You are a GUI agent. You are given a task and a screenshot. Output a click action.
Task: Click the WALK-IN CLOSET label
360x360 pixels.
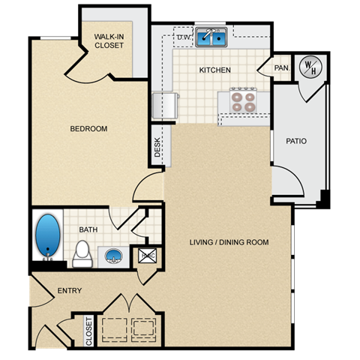(109, 40)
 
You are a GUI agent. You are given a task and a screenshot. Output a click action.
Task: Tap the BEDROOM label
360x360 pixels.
(88, 129)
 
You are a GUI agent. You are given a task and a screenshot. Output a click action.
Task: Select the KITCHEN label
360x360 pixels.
(214, 70)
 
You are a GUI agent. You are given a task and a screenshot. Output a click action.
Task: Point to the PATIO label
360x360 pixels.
(296, 141)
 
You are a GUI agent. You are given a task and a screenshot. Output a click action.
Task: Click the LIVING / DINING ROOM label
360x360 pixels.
(229, 242)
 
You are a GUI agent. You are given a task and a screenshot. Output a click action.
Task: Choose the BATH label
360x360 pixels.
(89, 230)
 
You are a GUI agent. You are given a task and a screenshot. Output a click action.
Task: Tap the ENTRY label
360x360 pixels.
(70, 291)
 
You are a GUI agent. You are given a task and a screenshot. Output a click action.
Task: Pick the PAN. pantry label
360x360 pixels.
(281, 68)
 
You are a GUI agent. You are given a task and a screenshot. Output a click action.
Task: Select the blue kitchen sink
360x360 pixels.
(212, 38)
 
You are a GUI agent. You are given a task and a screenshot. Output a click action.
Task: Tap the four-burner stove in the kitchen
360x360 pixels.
(243, 101)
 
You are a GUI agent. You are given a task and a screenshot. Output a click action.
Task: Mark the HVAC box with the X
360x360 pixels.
(146, 256)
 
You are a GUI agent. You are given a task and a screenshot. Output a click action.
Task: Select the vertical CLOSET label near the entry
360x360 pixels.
(89, 331)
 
